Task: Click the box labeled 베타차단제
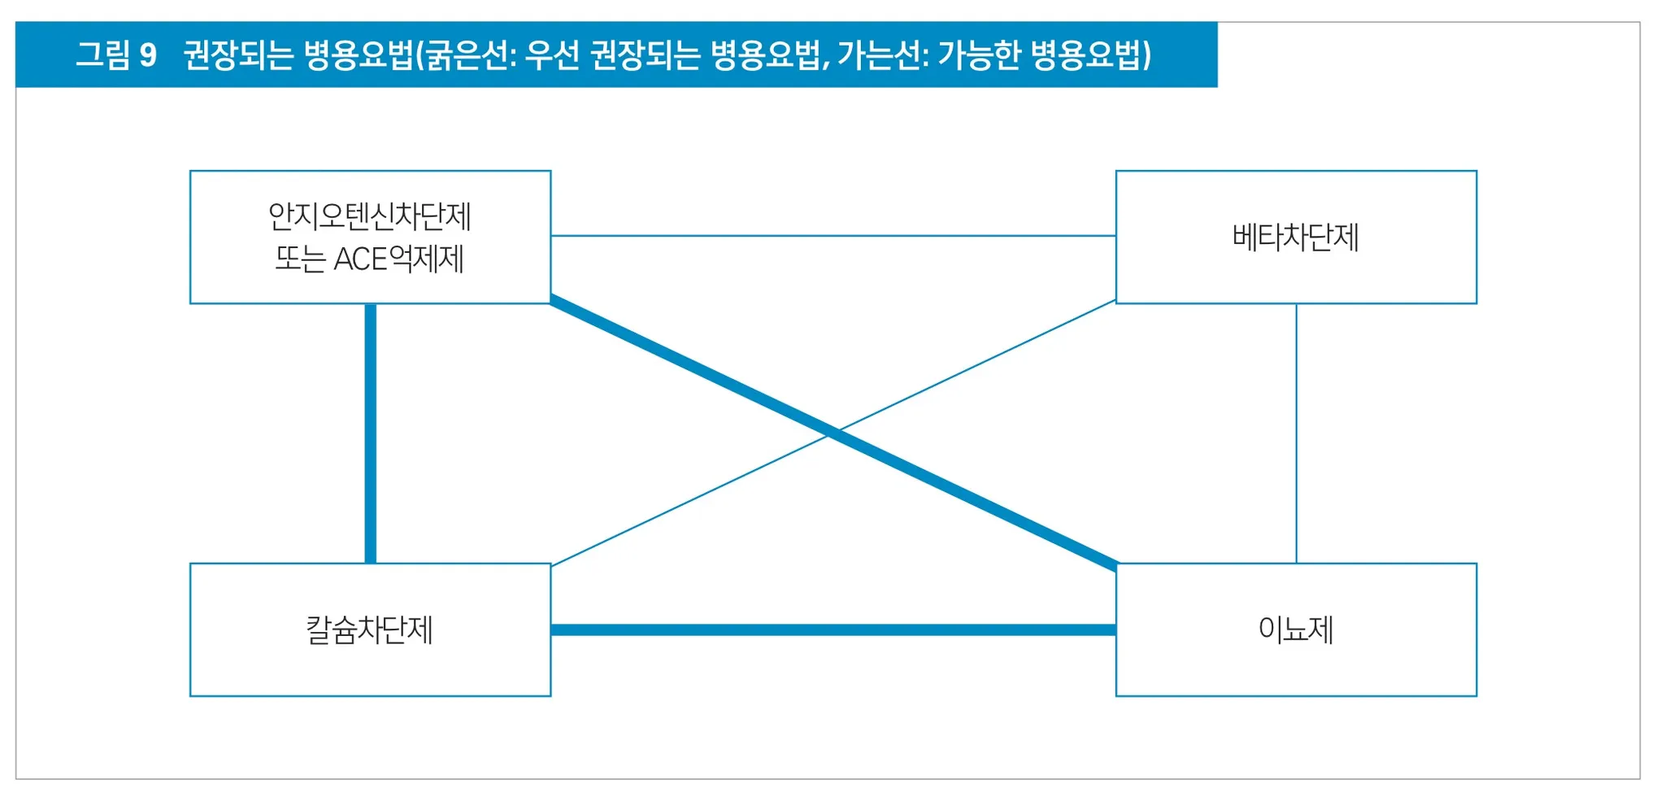pyautogui.click(x=1296, y=237)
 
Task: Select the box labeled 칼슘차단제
pyautogui.click(x=370, y=629)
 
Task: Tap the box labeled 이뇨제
pyautogui.click(x=1296, y=629)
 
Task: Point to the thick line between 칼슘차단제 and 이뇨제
pyautogui.click(x=832, y=629)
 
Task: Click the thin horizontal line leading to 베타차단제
pyautogui.click(x=832, y=236)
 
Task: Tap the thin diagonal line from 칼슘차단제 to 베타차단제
pyautogui.click(x=691, y=499)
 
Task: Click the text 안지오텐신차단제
pyautogui.click(x=370, y=216)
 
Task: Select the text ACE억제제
pyautogui.click(x=398, y=259)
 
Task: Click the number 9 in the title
pyautogui.click(x=148, y=55)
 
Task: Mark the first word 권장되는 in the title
pyautogui.click(x=237, y=55)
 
